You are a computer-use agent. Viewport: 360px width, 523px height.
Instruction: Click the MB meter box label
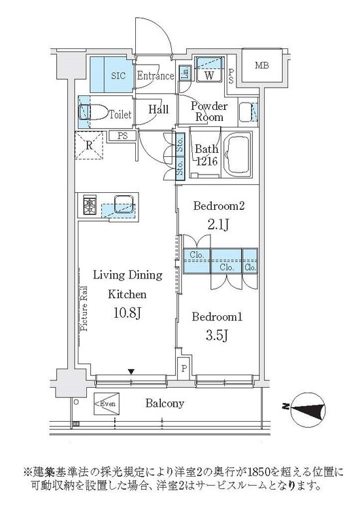pyautogui.click(x=261, y=66)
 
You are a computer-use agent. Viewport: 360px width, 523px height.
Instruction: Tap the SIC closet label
pyautogui.click(x=118, y=76)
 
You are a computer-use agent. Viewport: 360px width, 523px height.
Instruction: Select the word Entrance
pyautogui.click(x=155, y=76)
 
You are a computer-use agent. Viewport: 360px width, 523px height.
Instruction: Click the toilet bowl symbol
pyautogui.click(x=93, y=112)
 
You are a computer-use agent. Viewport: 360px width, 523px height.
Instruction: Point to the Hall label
pyautogui.click(x=158, y=109)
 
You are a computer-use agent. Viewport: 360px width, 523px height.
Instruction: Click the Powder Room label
pyautogui.click(x=209, y=111)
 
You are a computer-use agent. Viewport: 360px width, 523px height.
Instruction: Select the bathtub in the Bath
pyautogui.click(x=237, y=155)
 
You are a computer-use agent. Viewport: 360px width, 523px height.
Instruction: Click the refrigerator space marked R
pyautogui.click(x=89, y=146)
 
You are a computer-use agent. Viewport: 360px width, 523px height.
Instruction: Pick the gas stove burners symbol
pyautogui.click(x=89, y=205)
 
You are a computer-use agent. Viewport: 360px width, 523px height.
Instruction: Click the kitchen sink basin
pyautogui.click(x=124, y=204)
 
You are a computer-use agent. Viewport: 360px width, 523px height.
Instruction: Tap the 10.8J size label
pyautogui.click(x=127, y=313)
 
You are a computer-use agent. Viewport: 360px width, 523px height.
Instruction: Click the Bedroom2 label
pyautogui.click(x=219, y=206)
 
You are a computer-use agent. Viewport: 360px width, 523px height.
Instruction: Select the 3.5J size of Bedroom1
pyautogui.click(x=217, y=335)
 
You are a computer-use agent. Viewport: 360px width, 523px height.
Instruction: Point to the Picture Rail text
pyautogui.click(x=84, y=309)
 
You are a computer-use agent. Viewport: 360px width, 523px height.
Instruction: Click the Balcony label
pyautogui.click(x=165, y=403)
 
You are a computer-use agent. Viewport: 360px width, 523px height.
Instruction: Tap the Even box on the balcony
pyautogui.click(x=106, y=403)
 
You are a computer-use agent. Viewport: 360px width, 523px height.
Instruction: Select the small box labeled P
pyautogui.click(x=184, y=368)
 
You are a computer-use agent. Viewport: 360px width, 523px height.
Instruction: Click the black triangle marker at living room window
pyautogui.click(x=132, y=371)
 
